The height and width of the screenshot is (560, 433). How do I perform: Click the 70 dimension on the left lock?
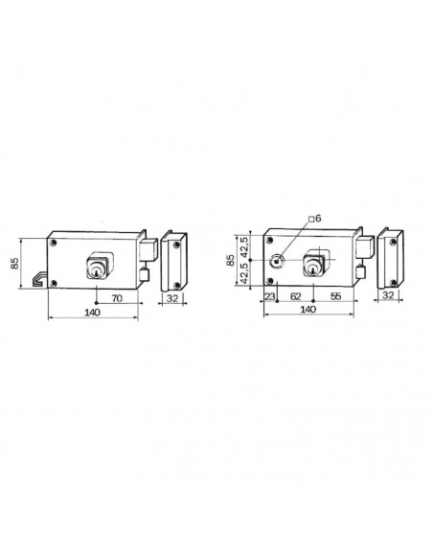click(116, 298)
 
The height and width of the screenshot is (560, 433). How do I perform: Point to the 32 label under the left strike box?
click(173, 298)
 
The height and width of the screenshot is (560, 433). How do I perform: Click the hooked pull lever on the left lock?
click(38, 279)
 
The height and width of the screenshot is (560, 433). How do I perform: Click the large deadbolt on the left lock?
click(148, 248)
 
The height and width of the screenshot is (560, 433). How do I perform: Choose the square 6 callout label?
click(316, 219)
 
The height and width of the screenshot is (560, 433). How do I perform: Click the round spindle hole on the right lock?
click(276, 260)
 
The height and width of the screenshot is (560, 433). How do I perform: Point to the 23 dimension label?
click(270, 298)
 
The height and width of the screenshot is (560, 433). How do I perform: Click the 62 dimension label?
click(295, 298)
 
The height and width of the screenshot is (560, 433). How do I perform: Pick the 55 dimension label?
click(336, 298)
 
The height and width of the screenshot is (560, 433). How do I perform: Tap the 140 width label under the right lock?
click(308, 312)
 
